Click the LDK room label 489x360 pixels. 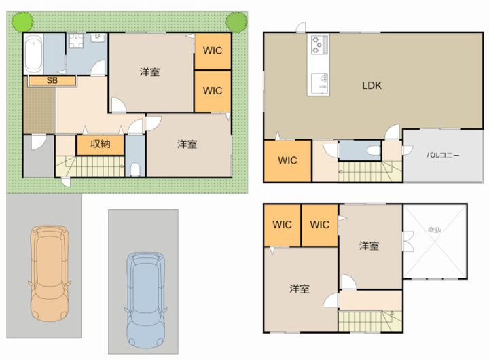point(372,86)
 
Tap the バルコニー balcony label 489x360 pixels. point(442,155)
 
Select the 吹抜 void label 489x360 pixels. point(435,230)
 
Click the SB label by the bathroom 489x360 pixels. point(52,80)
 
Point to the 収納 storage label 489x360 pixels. point(100,145)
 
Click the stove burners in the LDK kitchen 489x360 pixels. point(318,46)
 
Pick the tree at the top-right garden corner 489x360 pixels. point(236,21)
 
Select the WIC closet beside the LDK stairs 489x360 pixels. point(288,161)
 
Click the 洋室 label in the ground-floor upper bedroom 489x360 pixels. point(150,71)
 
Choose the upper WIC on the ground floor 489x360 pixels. point(213,50)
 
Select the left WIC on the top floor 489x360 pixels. point(282,225)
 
